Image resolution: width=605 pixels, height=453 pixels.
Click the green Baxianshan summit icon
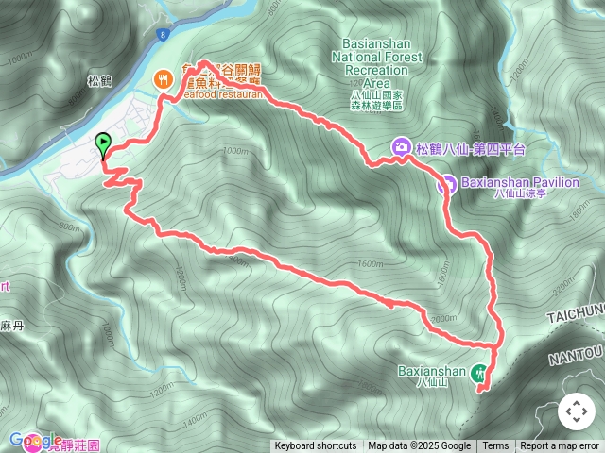(482, 372)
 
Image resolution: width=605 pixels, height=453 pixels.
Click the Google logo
(36, 441)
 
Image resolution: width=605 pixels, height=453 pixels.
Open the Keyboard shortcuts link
(316, 446)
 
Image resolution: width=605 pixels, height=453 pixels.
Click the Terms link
(495, 446)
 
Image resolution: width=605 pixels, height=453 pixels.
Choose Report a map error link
(560, 446)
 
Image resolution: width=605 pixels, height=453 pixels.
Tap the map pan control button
(576, 411)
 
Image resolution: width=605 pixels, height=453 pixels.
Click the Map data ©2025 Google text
(420, 446)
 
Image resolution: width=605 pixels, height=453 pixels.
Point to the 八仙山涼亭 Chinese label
(523, 195)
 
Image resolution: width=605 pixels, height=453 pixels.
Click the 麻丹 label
(11, 324)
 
